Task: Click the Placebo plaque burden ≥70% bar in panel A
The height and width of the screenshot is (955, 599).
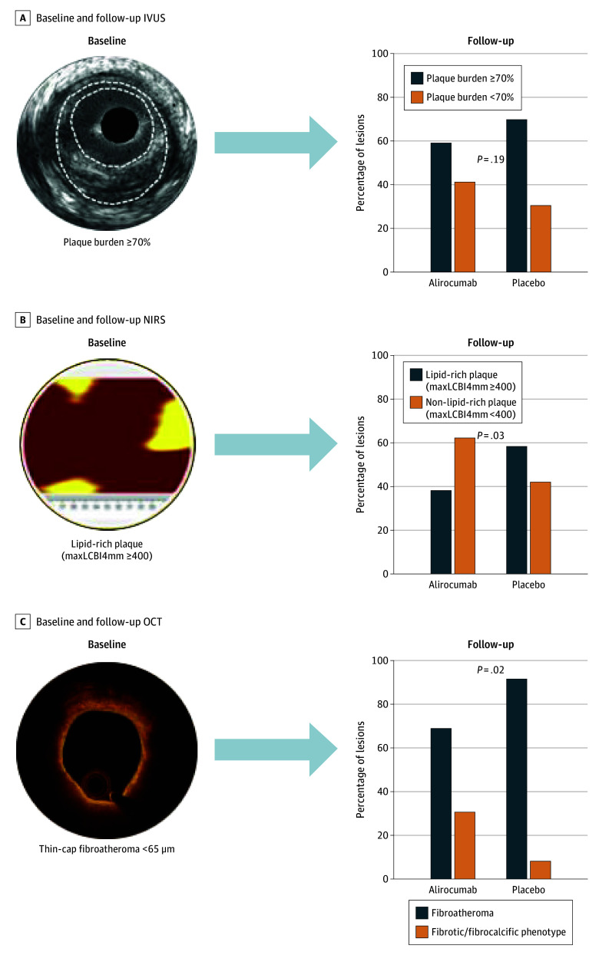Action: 517,196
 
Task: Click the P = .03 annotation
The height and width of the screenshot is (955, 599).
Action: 490,436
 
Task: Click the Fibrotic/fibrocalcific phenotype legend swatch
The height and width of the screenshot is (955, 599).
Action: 421,932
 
